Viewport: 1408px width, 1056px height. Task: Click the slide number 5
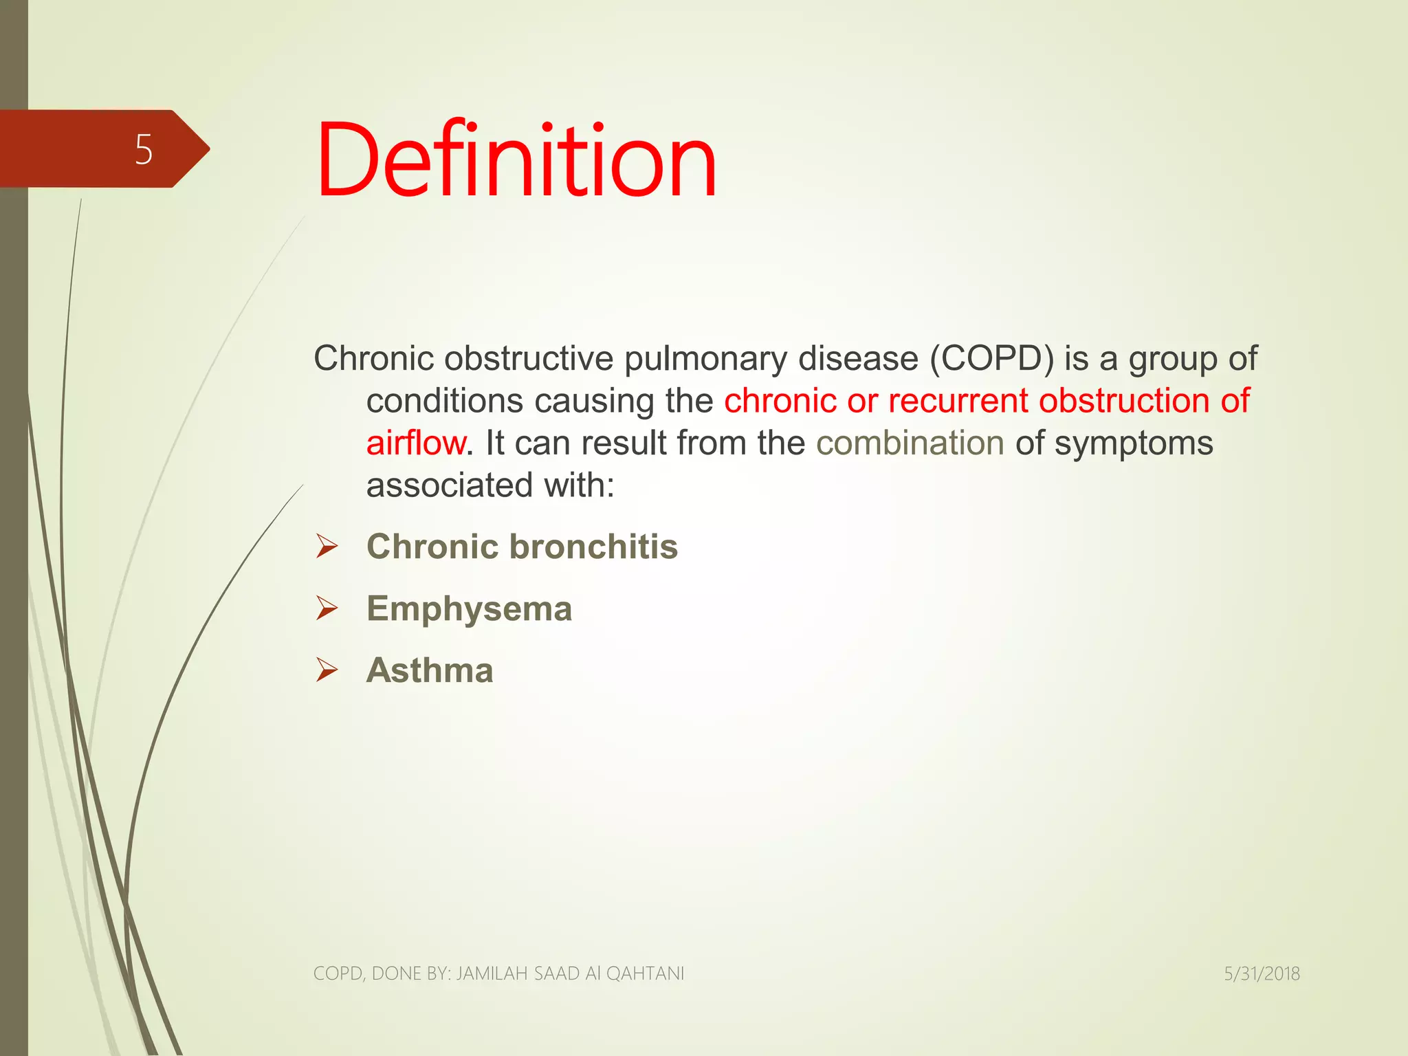tap(143, 149)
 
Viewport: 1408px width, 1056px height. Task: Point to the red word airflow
tap(415, 443)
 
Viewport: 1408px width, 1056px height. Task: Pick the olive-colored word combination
tap(910, 443)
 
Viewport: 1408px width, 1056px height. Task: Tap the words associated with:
tap(490, 485)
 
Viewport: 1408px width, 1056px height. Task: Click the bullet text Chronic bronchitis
tap(522, 547)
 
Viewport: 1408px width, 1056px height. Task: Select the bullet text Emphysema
tap(469, 609)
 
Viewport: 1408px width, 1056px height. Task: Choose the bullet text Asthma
tap(430, 670)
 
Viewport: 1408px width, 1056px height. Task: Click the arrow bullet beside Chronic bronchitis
tap(327, 547)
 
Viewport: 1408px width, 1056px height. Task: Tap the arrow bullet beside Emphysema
tap(327, 608)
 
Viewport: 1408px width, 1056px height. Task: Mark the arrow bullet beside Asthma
tap(327, 670)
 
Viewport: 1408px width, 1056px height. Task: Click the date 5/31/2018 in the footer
tap(1262, 973)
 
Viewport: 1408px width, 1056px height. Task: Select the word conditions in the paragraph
tap(444, 401)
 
